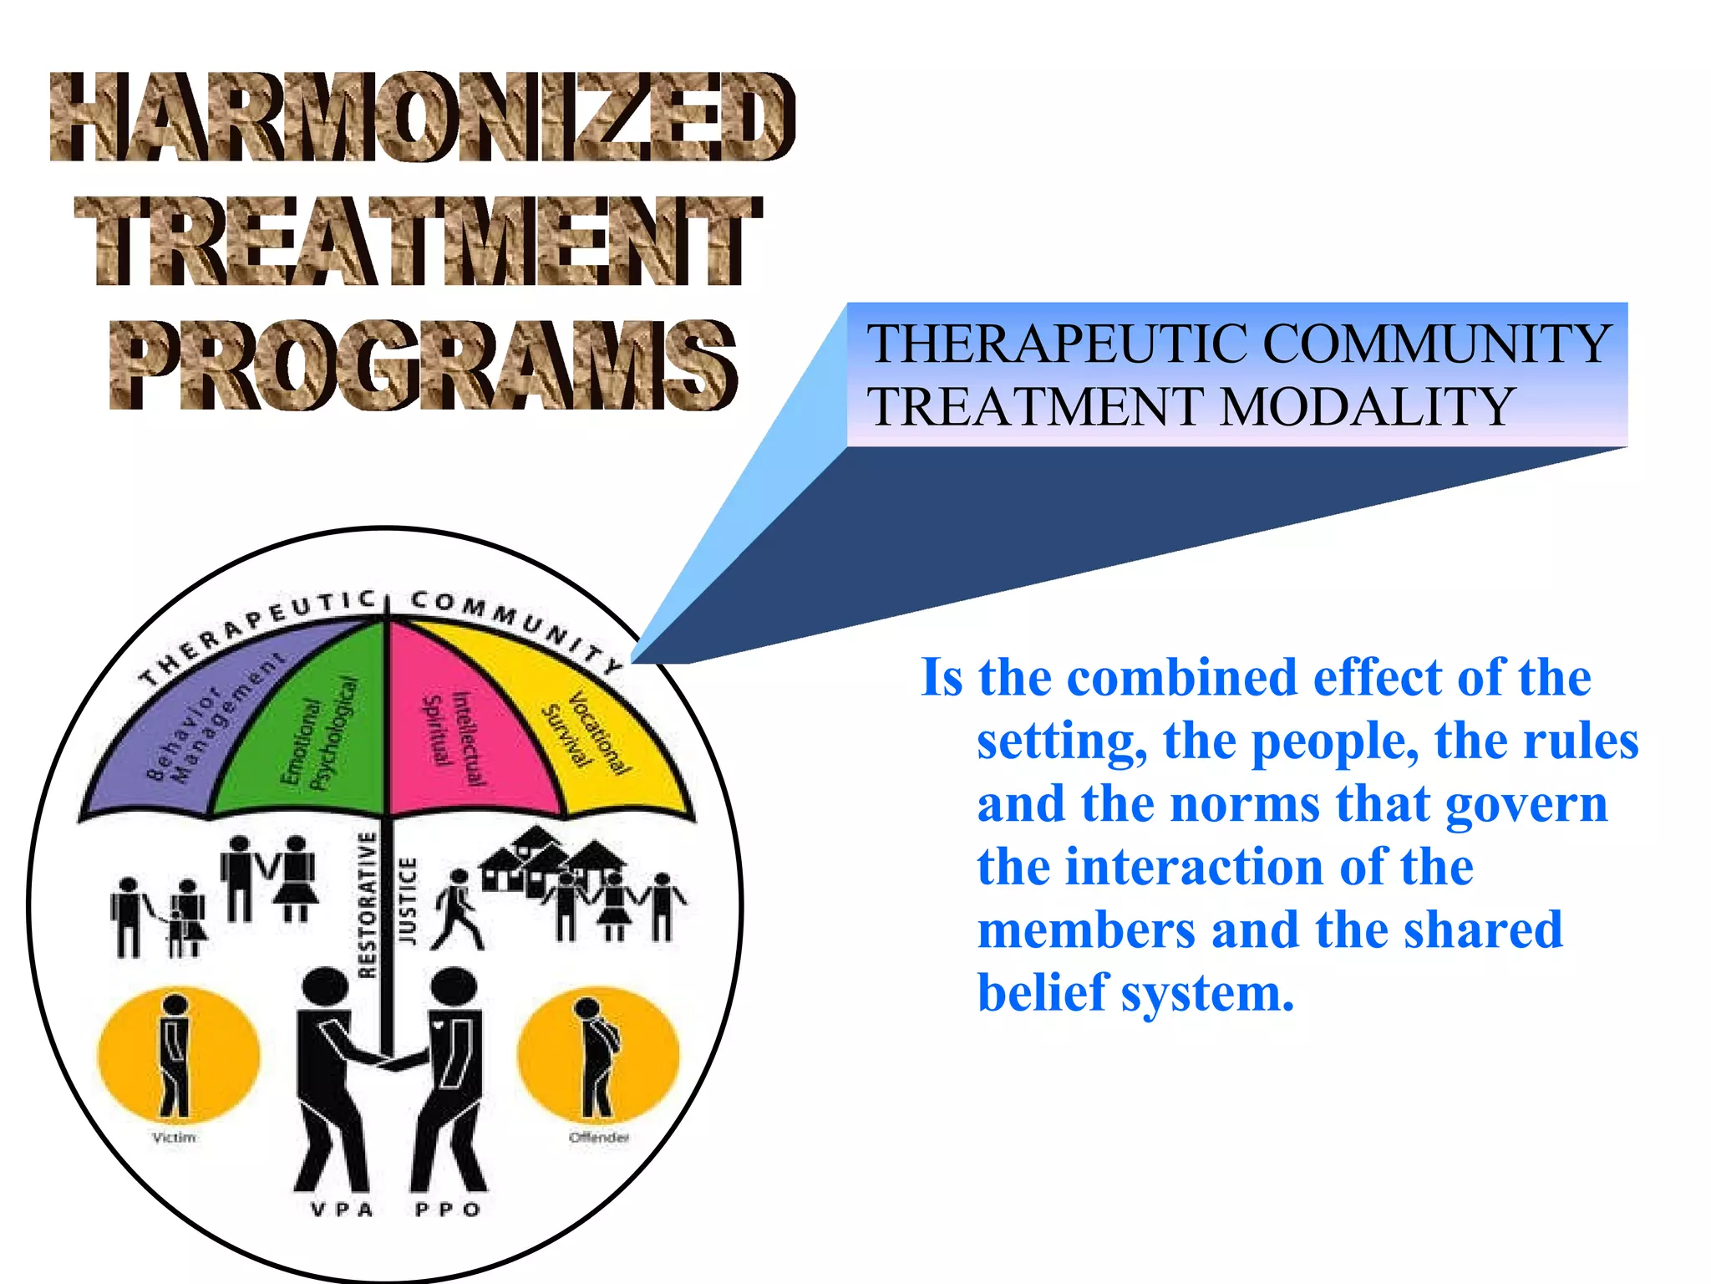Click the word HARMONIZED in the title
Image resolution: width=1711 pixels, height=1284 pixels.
[x=422, y=117]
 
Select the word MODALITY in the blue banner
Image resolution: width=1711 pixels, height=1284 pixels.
[x=1367, y=407]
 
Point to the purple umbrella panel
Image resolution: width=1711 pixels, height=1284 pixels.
[x=201, y=736]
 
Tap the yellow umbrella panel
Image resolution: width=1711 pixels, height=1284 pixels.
[x=602, y=736]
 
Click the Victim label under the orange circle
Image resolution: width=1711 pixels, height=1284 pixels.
[x=174, y=1138]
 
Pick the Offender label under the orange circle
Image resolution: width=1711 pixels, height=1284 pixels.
[x=598, y=1138]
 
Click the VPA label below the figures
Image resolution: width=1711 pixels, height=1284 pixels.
[x=342, y=1210]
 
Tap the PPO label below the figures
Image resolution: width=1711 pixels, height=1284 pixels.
[x=448, y=1210]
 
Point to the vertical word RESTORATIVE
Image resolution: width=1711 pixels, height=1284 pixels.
[x=368, y=904]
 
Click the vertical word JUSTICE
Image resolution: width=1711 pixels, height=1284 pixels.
[x=407, y=900]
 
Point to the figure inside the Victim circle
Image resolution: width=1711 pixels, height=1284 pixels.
[x=175, y=1055]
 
